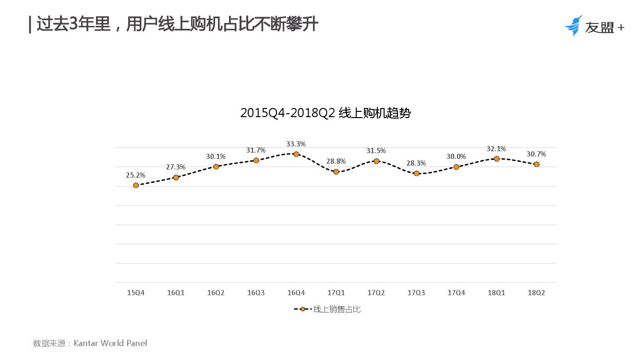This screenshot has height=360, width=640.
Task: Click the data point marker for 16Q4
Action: coord(296,154)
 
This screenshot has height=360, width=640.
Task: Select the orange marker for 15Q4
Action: coord(136,185)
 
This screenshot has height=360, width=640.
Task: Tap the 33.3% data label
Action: coord(296,144)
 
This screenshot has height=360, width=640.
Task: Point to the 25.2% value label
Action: coord(135,175)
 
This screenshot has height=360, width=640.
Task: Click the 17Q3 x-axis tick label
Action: coord(416,293)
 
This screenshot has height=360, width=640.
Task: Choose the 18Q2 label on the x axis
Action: coord(536,293)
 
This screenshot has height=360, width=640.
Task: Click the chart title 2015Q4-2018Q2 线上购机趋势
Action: coord(326,113)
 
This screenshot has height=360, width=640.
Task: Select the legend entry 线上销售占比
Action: coord(337,310)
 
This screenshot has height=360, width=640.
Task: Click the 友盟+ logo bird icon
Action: coord(573,26)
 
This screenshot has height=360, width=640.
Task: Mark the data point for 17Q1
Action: coord(336,171)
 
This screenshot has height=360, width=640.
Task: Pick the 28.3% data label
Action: coord(416,163)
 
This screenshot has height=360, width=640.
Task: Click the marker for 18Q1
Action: coord(496,158)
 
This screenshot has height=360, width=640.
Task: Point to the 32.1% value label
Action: coord(496,149)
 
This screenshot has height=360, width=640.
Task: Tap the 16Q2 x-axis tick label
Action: coord(216,293)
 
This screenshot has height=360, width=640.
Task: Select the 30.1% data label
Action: coord(216,156)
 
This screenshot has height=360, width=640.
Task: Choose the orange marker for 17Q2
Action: coord(376,161)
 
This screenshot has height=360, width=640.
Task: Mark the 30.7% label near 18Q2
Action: coord(536,154)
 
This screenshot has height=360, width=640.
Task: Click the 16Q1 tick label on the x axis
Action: coord(176,293)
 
